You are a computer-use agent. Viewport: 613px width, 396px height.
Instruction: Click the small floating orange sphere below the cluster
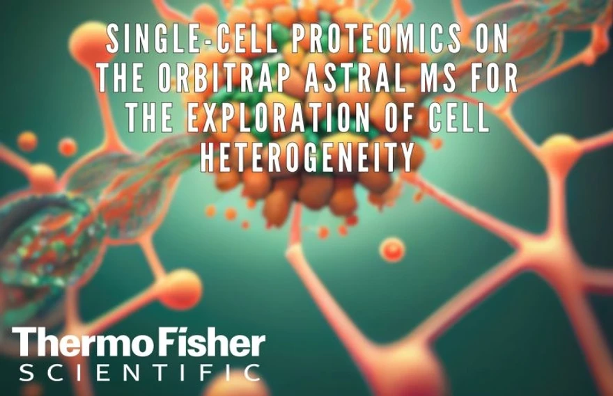[x=393, y=248]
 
